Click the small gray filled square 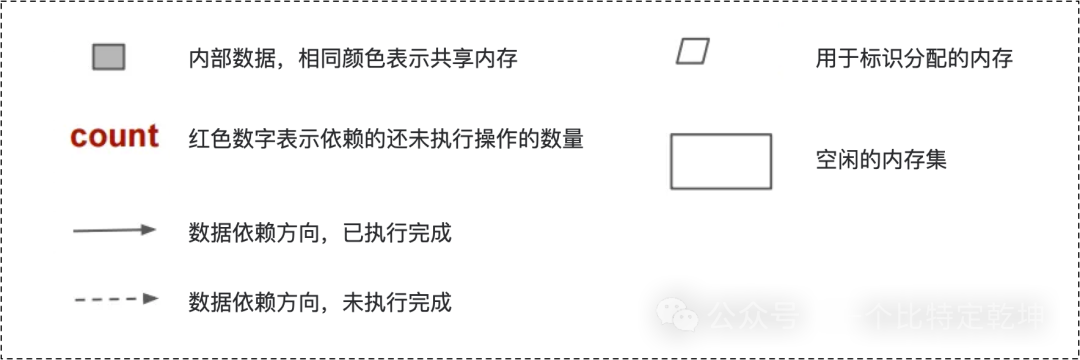pos(109,58)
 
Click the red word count pos(114,137)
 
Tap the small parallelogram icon pos(692,51)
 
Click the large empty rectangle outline pos(720,161)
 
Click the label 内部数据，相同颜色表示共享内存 pos(353,59)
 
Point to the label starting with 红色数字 pos(386,138)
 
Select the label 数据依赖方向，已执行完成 pos(320,233)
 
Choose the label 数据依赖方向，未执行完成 pos(320,299)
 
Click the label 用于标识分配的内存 pos(914,59)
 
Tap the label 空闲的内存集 pos(881,159)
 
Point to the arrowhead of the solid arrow pos(149,230)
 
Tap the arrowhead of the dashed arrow pos(150,298)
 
